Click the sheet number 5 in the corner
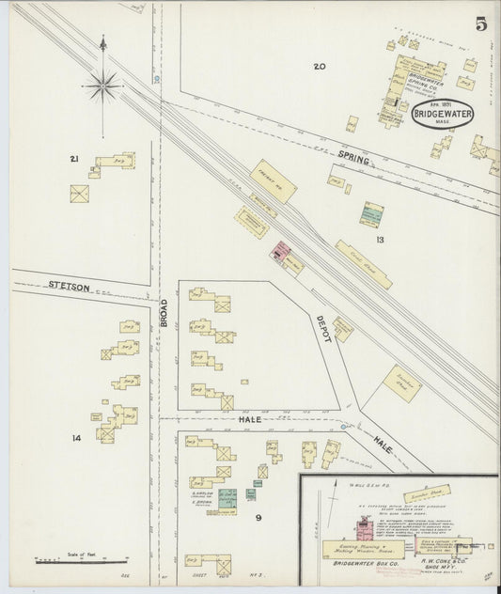[480, 23]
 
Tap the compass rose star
[103, 86]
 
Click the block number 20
[320, 66]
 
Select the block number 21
[74, 159]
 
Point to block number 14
[76, 437]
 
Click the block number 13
[380, 240]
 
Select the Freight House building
[274, 180]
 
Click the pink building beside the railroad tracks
[280, 251]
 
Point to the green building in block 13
[372, 214]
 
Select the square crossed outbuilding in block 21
[81, 194]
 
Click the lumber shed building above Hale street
[401, 383]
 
